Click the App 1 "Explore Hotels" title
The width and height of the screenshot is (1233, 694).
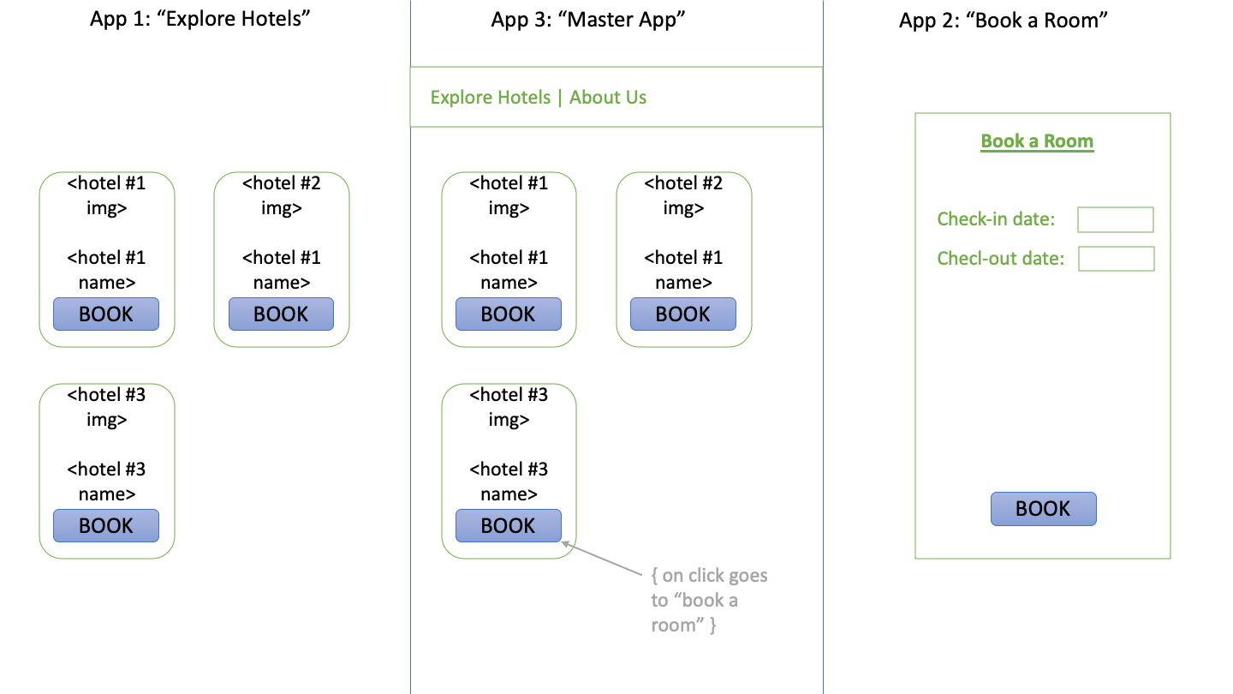point(200,20)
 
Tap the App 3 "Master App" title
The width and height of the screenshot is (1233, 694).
point(589,20)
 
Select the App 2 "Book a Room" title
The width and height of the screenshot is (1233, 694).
point(1004,20)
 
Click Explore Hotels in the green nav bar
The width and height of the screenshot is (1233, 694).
point(490,98)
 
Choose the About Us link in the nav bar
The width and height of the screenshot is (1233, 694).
point(608,98)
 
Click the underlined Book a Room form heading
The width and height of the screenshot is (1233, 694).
point(1037,141)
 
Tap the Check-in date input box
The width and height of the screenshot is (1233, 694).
point(1115,219)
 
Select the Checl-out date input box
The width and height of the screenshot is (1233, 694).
point(1116,259)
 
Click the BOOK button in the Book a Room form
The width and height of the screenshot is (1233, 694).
point(1043,509)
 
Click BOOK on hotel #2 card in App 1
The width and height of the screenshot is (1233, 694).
point(281,314)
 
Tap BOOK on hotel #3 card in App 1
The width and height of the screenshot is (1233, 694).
point(106,526)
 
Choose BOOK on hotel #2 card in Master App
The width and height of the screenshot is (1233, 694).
point(682,314)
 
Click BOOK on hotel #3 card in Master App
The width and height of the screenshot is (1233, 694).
point(508,526)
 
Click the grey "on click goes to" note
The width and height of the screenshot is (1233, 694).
point(708,600)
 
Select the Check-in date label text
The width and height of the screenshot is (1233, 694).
point(996,219)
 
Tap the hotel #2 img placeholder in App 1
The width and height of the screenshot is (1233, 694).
point(281,195)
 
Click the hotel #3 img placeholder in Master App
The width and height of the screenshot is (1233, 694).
point(508,407)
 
